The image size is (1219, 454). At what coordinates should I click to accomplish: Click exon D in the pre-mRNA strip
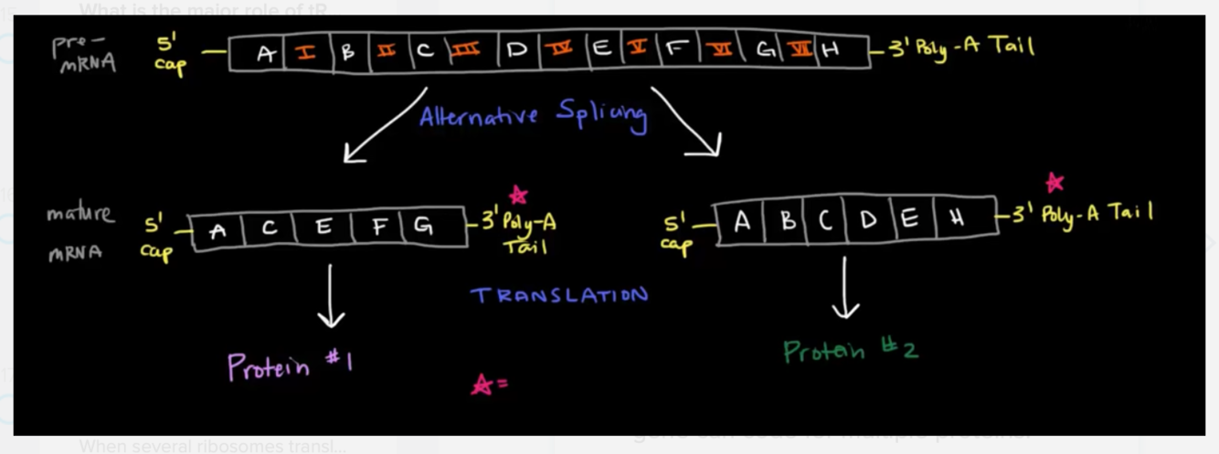pyautogui.click(x=517, y=51)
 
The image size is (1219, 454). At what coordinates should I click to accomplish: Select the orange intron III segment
pyautogui.click(x=464, y=51)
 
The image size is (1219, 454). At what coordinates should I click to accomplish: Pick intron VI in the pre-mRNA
pyautogui.click(x=721, y=51)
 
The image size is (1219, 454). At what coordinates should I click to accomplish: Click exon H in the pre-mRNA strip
pyautogui.click(x=830, y=51)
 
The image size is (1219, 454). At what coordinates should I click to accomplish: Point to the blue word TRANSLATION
pyautogui.click(x=559, y=295)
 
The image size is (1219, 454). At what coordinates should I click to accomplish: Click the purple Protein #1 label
pyautogui.click(x=290, y=366)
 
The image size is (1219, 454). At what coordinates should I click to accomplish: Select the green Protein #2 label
pyautogui.click(x=850, y=351)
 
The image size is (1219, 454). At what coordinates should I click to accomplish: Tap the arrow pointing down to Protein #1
pyautogui.click(x=331, y=295)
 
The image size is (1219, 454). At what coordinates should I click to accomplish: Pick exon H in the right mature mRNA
pyautogui.click(x=957, y=220)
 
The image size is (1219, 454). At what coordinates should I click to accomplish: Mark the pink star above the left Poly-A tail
pyautogui.click(x=518, y=195)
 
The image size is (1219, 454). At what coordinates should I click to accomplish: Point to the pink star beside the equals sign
pyautogui.click(x=482, y=385)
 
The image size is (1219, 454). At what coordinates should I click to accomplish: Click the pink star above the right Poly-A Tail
pyautogui.click(x=1055, y=182)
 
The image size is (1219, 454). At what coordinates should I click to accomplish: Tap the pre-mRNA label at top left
pyautogui.click(x=82, y=54)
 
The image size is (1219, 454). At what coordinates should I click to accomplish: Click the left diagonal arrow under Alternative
pyautogui.click(x=384, y=126)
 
